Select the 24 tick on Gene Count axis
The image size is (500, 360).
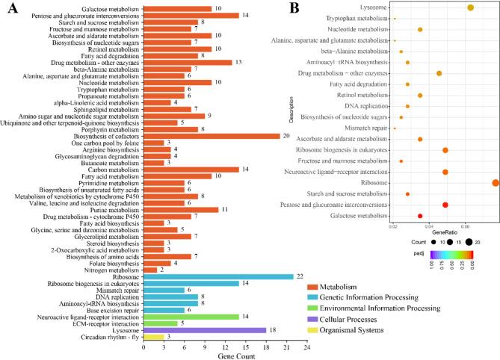click(306, 347)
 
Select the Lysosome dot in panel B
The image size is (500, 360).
click(471, 7)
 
